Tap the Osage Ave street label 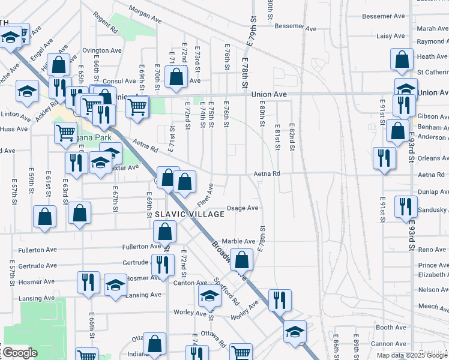[242, 208]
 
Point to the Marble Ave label [239, 241]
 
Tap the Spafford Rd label [228, 291]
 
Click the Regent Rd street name [104, 23]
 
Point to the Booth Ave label [391, 328]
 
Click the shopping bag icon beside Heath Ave [402, 59]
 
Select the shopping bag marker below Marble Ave [242, 260]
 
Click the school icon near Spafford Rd [209, 295]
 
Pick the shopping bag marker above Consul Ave [176, 77]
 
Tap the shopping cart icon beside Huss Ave [65, 132]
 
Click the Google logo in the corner [20, 353]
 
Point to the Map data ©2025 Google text [412, 355]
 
